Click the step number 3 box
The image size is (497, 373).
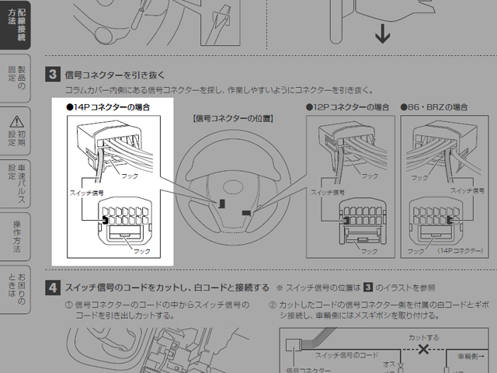coord(53,75)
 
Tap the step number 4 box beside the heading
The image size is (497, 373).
coord(53,287)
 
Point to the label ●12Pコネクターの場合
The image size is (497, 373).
coord(347,106)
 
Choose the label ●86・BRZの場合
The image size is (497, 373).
coord(436,106)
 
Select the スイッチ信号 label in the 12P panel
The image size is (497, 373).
coord(327,190)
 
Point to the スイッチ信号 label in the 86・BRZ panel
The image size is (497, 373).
coord(467,190)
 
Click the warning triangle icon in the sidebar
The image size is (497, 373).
coord(16,120)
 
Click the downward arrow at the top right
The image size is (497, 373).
coord(381,34)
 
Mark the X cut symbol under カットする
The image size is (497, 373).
coord(422,350)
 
